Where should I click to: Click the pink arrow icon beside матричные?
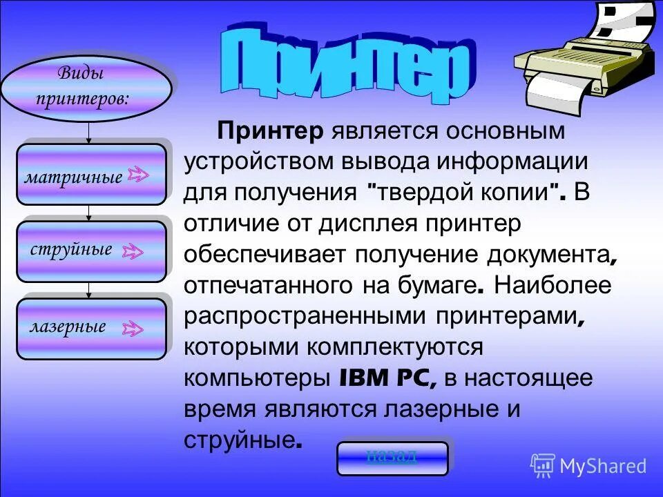[x=138, y=175]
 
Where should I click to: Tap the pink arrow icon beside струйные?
[x=133, y=251]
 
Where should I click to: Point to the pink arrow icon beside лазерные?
[x=133, y=329]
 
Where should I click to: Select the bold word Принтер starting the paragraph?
[x=271, y=130]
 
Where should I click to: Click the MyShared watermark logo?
[x=588, y=465]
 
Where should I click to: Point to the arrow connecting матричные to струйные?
[x=88, y=213]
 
